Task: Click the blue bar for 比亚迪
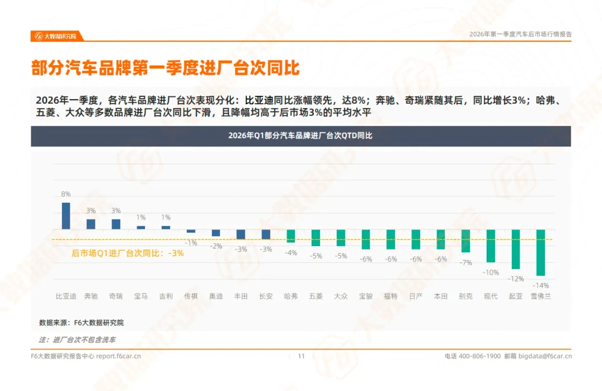click(66, 216)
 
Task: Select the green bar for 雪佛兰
click(540, 252)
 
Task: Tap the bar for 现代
click(491, 246)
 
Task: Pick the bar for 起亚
click(516, 249)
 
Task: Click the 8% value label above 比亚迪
click(66, 194)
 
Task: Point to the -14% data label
click(541, 285)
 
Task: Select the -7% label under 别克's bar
click(465, 262)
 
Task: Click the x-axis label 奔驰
click(91, 296)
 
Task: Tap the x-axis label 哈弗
click(290, 296)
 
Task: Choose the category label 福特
click(390, 296)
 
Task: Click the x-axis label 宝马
click(141, 296)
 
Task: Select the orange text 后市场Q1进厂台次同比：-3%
click(128, 253)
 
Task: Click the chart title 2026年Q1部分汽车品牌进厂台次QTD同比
click(300, 136)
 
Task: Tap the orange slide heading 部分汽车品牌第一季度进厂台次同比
click(166, 68)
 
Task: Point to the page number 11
click(302, 356)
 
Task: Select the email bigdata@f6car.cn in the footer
click(545, 356)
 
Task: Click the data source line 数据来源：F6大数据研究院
click(81, 322)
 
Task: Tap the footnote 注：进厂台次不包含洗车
click(77, 339)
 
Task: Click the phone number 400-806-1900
click(479, 356)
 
